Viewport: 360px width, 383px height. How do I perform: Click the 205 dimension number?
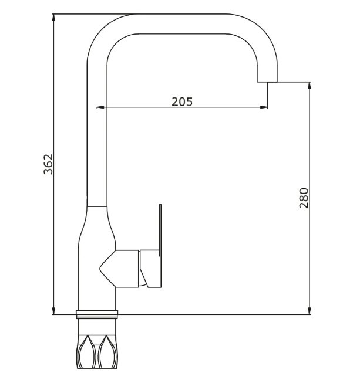[x=182, y=101]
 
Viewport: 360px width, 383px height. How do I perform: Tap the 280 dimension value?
[x=304, y=198]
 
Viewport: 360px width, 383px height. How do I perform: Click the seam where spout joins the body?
[x=97, y=206]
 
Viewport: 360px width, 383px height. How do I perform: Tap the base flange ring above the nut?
[x=97, y=314]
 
